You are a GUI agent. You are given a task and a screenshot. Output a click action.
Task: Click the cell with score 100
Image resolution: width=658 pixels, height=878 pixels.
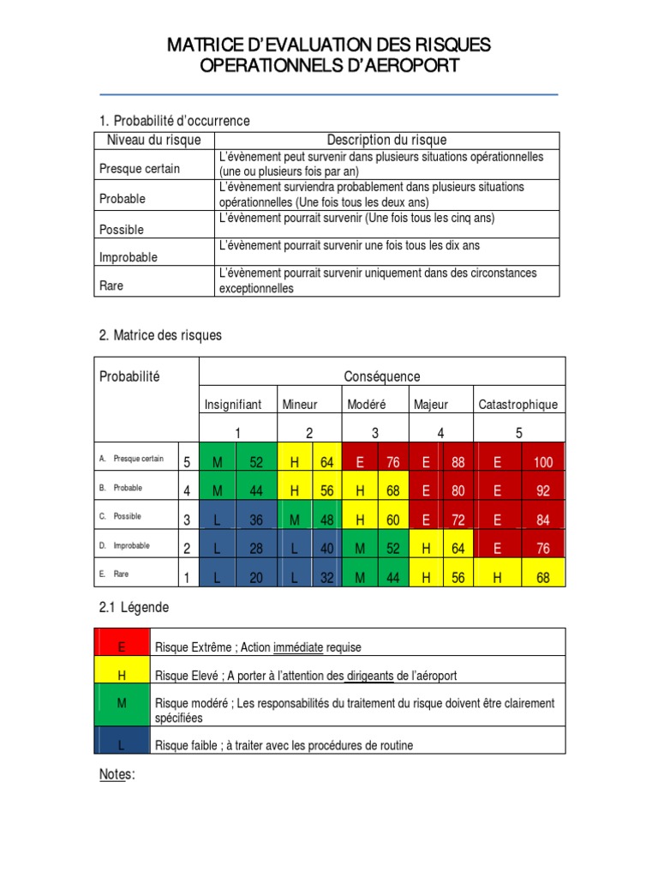544,462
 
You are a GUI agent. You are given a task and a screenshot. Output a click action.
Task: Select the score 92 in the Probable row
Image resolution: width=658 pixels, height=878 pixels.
544,491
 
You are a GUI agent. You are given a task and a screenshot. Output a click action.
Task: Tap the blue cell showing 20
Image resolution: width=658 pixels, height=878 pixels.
256,578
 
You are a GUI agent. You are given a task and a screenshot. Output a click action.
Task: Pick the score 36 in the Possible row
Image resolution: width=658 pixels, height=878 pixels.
256,520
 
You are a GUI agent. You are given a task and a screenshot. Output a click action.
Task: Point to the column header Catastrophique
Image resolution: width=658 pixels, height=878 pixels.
518,404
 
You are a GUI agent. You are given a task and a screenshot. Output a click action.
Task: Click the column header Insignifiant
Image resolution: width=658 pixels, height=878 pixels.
232,404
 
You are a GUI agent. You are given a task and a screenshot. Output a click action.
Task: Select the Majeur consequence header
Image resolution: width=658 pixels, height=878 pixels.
431,404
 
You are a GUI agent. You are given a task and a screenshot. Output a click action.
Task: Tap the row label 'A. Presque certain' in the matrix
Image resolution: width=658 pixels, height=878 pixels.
137,459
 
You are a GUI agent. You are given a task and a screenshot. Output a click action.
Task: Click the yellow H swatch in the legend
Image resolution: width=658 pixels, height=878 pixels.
122,676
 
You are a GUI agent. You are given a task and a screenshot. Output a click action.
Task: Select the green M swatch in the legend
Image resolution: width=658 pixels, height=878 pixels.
122,704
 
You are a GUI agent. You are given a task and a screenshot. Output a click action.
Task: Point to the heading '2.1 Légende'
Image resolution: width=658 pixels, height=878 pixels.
135,607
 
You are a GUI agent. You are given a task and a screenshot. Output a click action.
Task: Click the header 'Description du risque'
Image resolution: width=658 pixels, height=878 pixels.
386,141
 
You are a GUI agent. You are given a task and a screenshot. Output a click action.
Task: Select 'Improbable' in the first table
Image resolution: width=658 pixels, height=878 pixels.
129,257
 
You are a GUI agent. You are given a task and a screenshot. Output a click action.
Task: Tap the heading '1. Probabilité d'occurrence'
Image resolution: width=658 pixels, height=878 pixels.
175,121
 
